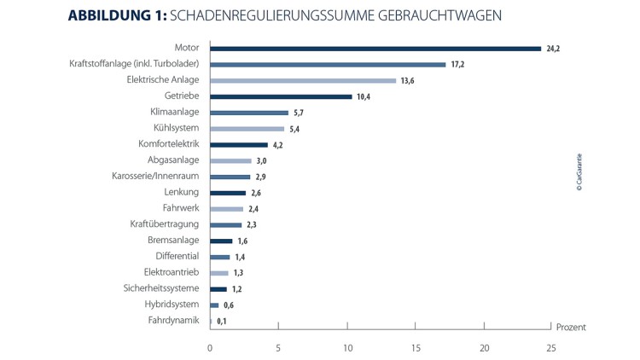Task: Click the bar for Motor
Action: [x=375, y=49]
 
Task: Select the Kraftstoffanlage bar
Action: [x=328, y=64]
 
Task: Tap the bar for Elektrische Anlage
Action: [x=303, y=80]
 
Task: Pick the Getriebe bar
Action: [x=281, y=96]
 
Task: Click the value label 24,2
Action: [x=553, y=49]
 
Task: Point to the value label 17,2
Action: [x=457, y=64]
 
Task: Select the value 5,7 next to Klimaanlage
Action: [x=298, y=113]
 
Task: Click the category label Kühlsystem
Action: [x=176, y=129]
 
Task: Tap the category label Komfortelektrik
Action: [x=169, y=144]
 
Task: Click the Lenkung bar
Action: [x=227, y=193]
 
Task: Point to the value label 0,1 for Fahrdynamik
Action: [x=222, y=321]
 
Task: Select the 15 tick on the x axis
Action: [x=416, y=347]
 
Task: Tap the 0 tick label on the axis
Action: [x=210, y=347]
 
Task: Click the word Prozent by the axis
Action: [x=571, y=328]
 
